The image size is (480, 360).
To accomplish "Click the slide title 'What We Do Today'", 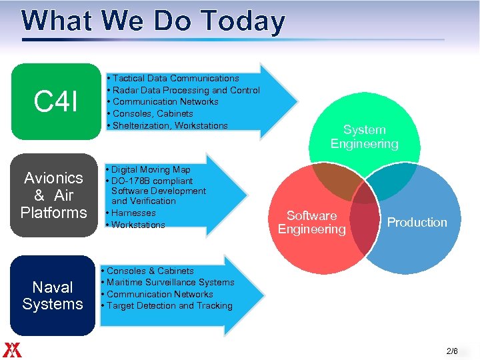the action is (x=153, y=21).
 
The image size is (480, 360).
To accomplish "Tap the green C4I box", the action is (x=56, y=101).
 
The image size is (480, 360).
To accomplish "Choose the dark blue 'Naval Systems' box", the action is (x=53, y=295).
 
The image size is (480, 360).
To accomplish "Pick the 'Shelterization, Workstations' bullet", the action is (x=170, y=125).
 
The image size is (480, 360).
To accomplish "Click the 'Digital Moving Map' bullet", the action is (x=151, y=170).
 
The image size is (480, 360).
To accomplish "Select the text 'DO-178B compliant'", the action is (x=153, y=181).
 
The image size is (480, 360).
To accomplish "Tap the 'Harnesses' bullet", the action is (x=133, y=213).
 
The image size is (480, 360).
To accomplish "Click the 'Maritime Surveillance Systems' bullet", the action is (x=170, y=283).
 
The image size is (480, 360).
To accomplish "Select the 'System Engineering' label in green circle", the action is (x=364, y=137).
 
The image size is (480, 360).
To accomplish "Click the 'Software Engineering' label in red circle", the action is (x=312, y=222).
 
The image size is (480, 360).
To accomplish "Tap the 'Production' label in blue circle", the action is (x=417, y=222).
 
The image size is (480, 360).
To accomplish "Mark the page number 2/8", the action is (x=452, y=351).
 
